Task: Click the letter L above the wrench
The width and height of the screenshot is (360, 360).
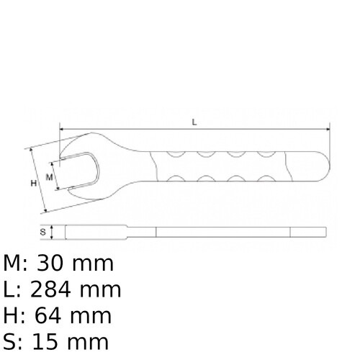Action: point(194,122)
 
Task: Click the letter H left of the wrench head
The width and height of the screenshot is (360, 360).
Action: point(33,184)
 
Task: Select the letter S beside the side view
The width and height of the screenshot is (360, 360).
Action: point(43,232)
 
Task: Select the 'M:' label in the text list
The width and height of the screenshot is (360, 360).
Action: point(16,264)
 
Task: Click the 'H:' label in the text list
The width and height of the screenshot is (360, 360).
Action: point(14,315)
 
